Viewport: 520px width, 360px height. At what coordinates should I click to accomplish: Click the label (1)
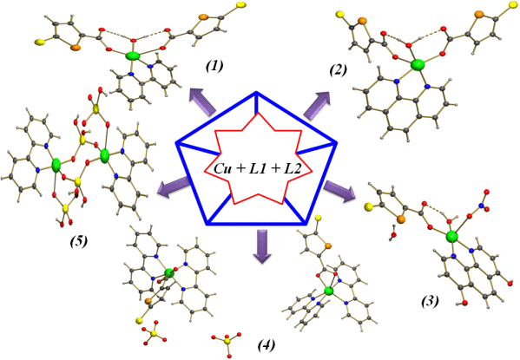(x=214, y=66)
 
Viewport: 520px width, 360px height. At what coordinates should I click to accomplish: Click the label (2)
(x=338, y=70)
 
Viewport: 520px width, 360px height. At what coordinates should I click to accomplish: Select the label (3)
(x=430, y=301)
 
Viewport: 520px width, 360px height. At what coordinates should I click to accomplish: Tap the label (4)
(x=267, y=345)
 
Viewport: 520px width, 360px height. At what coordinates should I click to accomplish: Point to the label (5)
(x=79, y=242)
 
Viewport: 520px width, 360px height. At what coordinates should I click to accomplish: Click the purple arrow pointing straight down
(x=262, y=246)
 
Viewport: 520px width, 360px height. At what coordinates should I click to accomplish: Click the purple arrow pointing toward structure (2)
(x=317, y=104)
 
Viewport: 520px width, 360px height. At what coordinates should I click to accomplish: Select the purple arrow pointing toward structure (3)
(x=339, y=191)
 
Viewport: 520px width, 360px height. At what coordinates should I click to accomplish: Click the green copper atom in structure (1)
(x=133, y=56)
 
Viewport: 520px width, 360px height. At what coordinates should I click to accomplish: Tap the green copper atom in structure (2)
(x=418, y=65)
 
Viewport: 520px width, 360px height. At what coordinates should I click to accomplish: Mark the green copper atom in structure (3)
(x=451, y=237)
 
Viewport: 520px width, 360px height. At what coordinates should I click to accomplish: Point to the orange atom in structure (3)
(x=401, y=219)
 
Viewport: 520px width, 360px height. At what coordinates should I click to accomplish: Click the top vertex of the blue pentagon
(x=256, y=92)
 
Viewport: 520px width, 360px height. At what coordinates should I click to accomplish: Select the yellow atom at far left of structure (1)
(x=39, y=43)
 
